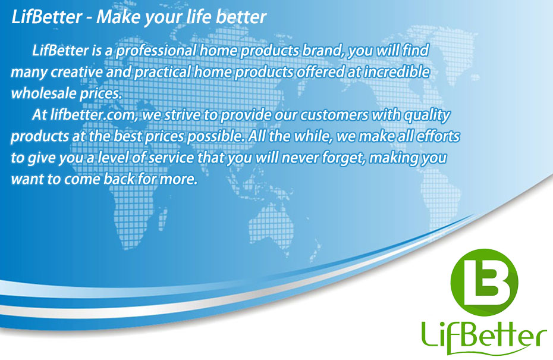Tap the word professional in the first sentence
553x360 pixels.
click(x=156, y=51)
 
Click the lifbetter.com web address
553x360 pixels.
click(x=93, y=115)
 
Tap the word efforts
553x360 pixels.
click(x=438, y=136)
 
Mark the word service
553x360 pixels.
click(x=171, y=158)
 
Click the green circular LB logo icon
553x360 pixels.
click(x=484, y=282)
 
